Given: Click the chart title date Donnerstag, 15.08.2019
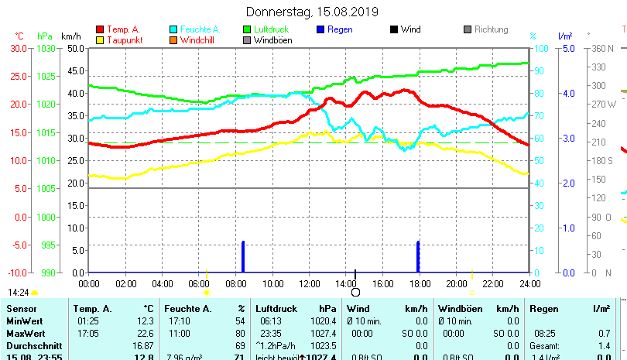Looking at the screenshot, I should (312, 12).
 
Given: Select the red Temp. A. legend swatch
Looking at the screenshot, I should (99, 30).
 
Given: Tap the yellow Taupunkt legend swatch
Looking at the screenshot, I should (99, 40).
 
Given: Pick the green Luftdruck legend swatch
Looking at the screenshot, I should (248, 30).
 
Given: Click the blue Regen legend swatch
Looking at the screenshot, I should (321, 30).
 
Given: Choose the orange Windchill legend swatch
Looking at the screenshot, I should (173, 40).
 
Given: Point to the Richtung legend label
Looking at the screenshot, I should (491, 30).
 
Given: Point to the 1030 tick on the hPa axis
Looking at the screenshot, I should (46, 48).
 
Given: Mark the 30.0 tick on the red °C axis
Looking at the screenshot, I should (19, 48).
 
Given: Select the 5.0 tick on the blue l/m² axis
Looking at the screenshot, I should (568, 48).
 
